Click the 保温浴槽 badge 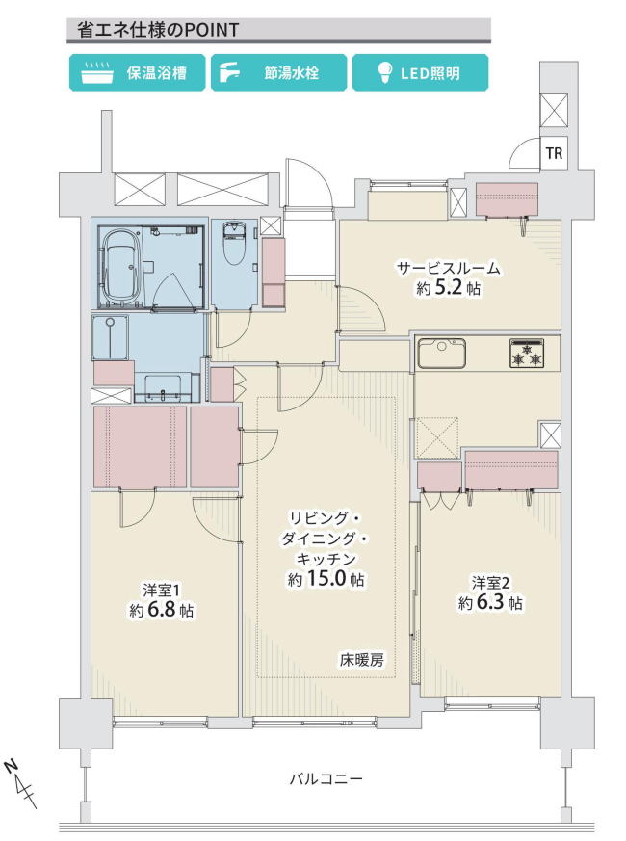[137, 72]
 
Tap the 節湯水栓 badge [278, 72]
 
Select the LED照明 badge [420, 72]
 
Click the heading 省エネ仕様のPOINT [158, 30]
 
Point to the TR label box [554, 153]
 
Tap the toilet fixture [234, 244]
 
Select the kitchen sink [441, 353]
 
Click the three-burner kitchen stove [527, 353]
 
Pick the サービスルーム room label [449, 268]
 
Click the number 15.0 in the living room [326, 579]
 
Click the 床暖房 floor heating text [361, 660]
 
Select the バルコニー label [326, 778]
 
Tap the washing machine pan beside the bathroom [111, 338]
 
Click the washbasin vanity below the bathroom [163, 387]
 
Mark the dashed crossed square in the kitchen [437, 437]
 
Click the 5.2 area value [449, 289]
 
